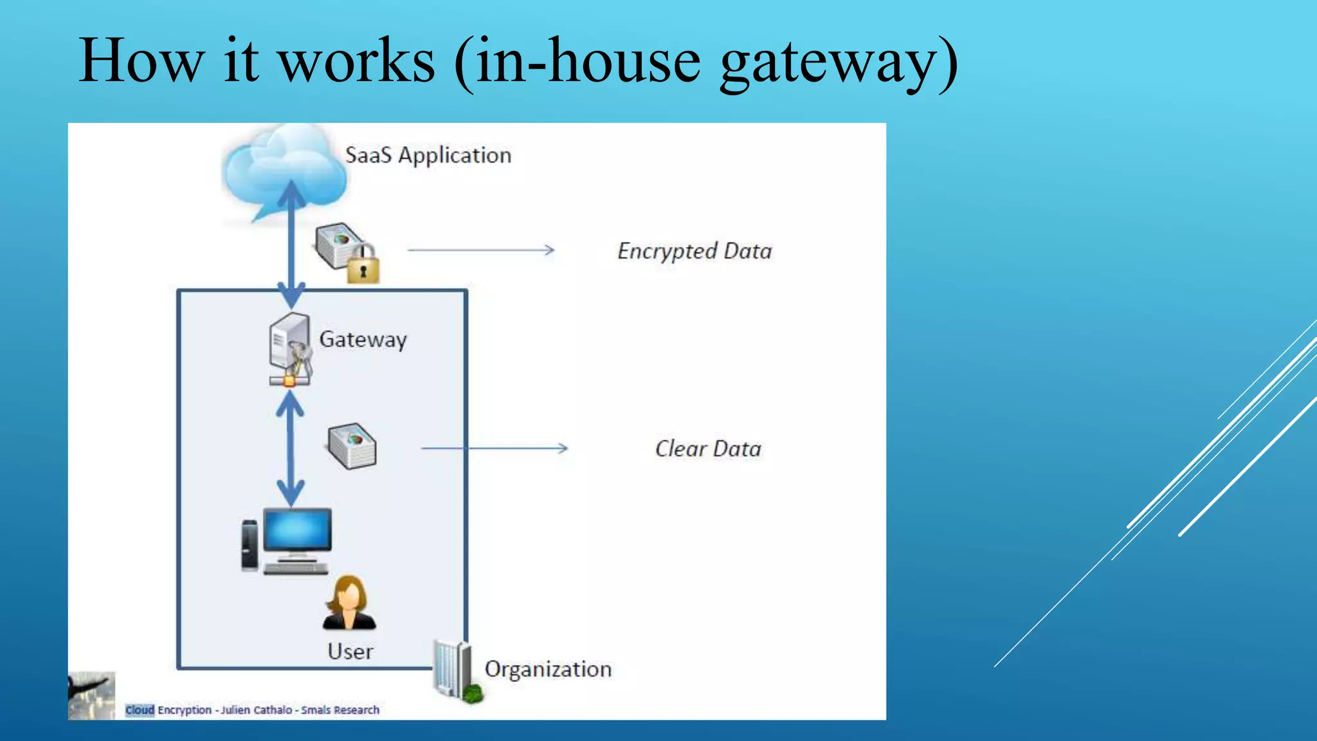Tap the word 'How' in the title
pos(140,60)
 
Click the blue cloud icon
pos(283,169)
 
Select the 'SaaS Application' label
pos(428,155)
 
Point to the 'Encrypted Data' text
pos(695,251)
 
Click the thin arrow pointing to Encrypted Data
pos(481,250)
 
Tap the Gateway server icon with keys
pos(289,349)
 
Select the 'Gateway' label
pos(363,339)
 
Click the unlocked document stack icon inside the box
pos(352,445)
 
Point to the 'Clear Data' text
pos(707,448)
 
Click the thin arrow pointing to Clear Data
pos(494,448)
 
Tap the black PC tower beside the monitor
pos(250,545)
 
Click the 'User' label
pos(350,652)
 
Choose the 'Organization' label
pos(548,669)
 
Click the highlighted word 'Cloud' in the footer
pos(140,709)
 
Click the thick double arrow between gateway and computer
pos(291,448)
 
